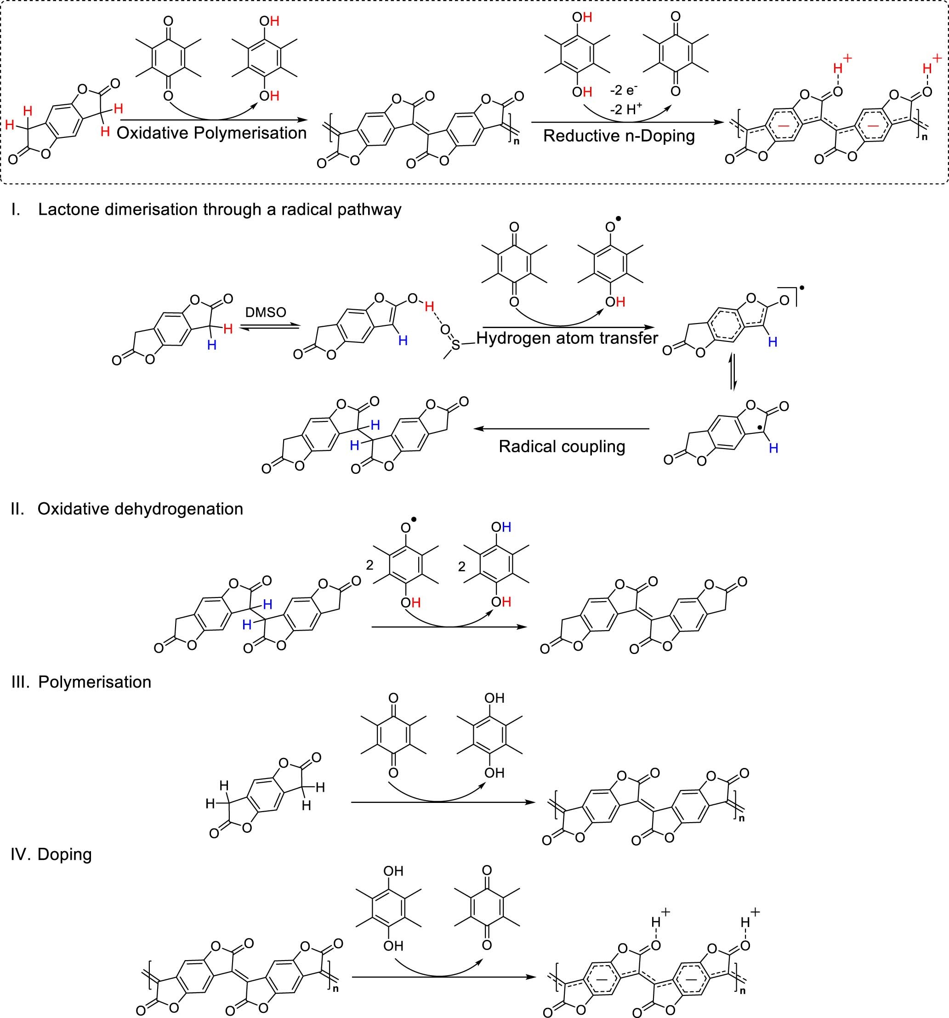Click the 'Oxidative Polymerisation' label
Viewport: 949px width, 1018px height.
pyautogui.click(x=211, y=134)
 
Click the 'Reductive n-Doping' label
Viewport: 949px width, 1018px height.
pyautogui.click(x=619, y=136)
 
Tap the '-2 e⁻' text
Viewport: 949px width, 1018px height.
pyautogui.click(x=623, y=91)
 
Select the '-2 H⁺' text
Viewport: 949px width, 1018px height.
pyautogui.click(x=625, y=108)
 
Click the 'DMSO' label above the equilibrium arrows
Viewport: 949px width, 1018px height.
pyautogui.click(x=265, y=313)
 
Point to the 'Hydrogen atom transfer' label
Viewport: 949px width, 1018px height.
pyautogui.click(x=567, y=338)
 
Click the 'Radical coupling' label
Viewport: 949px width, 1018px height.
pyautogui.click(x=562, y=447)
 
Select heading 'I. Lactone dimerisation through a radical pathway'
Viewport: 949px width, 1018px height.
pyautogui.click(x=206, y=210)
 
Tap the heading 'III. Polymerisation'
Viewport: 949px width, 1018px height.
pyautogui.click(x=81, y=682)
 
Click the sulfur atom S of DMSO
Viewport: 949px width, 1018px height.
pyautogui.click(x=455, y=347)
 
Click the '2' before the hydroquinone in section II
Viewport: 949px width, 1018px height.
pyautogui.click(x=462, y=567)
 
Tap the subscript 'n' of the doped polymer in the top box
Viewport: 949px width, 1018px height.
pyautogui.click(x=925, y=137)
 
